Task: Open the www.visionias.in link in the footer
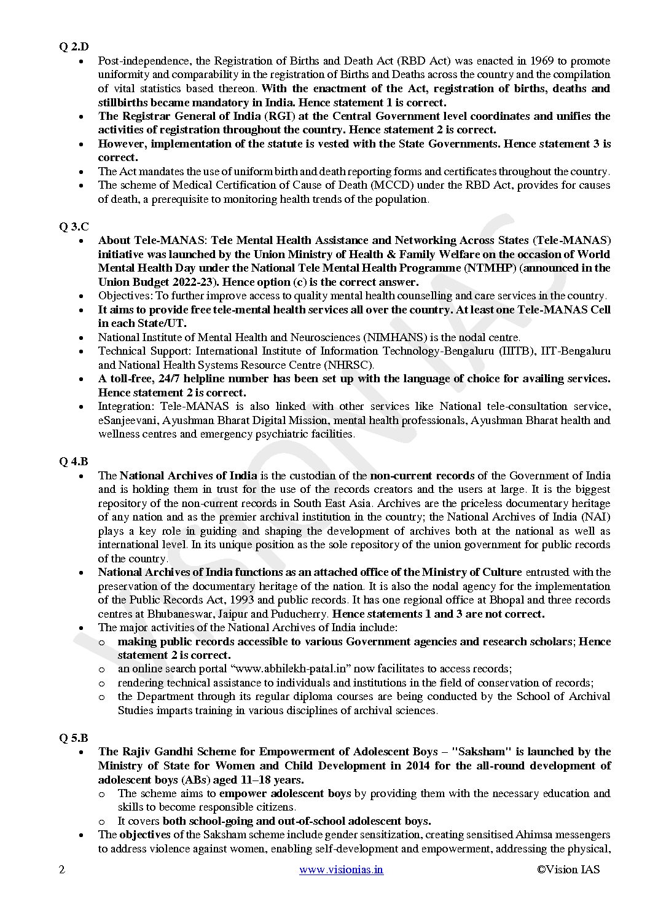pos(341,869)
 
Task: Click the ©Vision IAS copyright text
pos(567,869)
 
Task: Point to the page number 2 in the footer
pos(61,869)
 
